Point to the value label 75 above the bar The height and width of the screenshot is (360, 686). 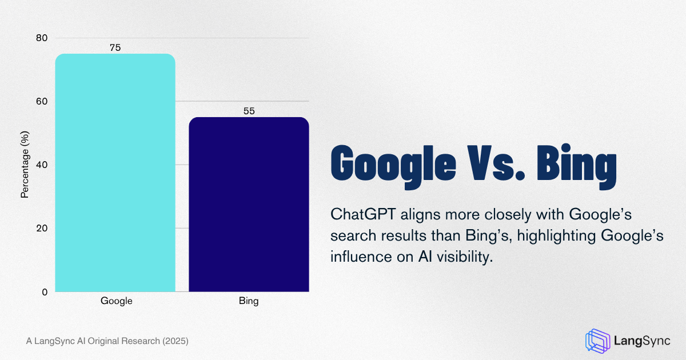coord(115,48)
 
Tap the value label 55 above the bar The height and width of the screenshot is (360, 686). coord(249,111)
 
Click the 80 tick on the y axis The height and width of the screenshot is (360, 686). coord(42,38)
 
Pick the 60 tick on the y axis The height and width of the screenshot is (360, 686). coord(42,102)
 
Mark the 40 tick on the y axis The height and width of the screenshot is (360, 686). coord(42,165)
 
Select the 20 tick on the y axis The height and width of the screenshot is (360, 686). coord(42,229)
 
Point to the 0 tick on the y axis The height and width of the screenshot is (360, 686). coord(45,292)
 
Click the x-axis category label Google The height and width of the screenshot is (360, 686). coord(116,301)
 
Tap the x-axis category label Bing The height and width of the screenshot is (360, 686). coord(249,301)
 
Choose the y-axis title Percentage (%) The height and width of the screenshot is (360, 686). coord(25,165)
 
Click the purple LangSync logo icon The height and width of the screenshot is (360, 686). coord(597,340)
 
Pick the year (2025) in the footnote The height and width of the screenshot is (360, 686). coord(175,341)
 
